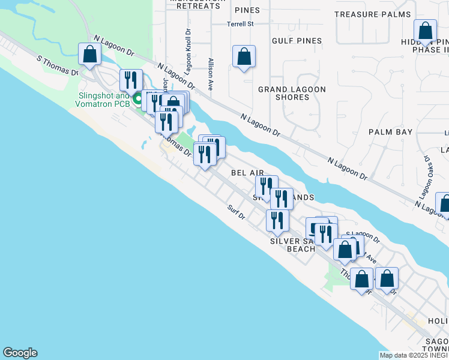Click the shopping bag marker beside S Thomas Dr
click(89, 55)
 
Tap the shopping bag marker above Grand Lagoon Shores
click(244, 58)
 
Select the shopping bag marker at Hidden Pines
click(425, 31)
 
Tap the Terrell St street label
click(241, 24)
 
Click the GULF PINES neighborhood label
click(297, 41)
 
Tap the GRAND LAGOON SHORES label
click(292, 93)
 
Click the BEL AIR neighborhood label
click(248, 173)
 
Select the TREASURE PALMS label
click(373, 14)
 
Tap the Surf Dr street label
click(237, 212)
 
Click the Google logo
click(20, 353)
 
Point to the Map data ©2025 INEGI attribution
click(414, 355)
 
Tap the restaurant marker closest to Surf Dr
click(277, 220)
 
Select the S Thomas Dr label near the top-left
click(58, 66)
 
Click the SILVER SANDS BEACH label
click(292, 245)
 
